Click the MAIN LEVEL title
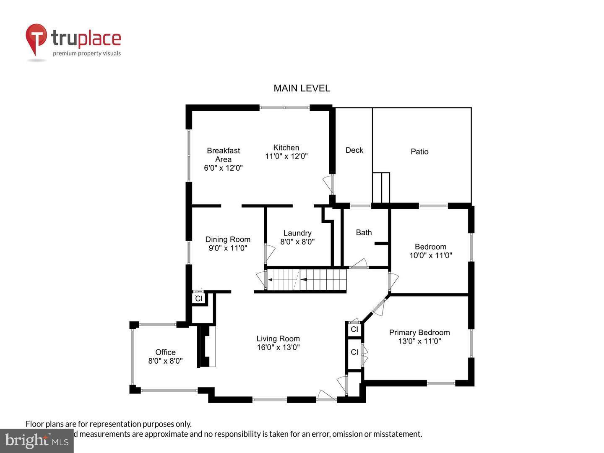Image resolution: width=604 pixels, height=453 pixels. (x=302, y=88)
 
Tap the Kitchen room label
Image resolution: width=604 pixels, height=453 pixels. (x=286, y=147)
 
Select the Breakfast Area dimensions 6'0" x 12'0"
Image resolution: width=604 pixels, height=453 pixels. (x=223, y=168)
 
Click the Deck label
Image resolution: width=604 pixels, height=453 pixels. (x=354, y=150)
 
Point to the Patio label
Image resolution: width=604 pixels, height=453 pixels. (x=419, y=151)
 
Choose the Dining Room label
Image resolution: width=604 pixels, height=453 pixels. (x=228, y=239)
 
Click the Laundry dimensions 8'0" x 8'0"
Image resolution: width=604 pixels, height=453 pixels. (x=297, y=242)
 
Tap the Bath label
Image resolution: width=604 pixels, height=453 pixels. (x=364, y=232)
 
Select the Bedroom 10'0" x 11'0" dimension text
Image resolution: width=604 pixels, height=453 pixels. (x=430, y=255)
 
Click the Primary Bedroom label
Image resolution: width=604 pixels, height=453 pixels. (x=419, y=332)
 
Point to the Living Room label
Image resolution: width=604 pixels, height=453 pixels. (x=278, y=338)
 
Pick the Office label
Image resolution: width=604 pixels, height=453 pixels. (x=165, y=352)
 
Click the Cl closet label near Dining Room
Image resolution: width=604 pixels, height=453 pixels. (x=199, y=299)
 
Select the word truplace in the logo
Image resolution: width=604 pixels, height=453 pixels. (x=86, y=39)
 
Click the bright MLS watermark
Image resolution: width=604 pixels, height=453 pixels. (x=37, y=440)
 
